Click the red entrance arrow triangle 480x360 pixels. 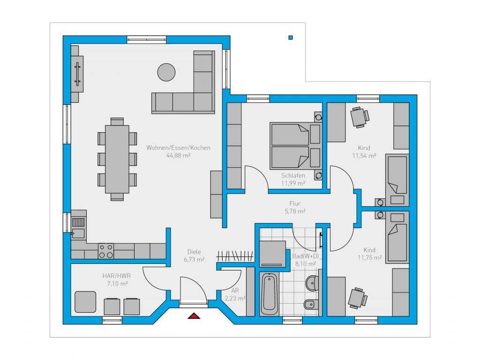tap(194, 315)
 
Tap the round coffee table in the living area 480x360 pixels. tap(166, 72)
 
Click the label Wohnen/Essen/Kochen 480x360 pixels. tap(178, 148)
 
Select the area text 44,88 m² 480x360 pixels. tap(179, 155)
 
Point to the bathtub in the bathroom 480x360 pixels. tap(270, 294)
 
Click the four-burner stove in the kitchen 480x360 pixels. tap(106, 251)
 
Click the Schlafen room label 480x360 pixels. tap(293, 175)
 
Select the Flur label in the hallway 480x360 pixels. tap(295, 203)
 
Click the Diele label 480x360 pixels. tap(194, 252)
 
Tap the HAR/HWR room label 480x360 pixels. tap(116, 276)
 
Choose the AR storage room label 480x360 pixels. tap(235, 290)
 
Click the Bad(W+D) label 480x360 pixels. tap(306, 256)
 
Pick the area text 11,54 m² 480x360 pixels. tap(364, 156)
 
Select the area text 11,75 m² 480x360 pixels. tap(369, 258)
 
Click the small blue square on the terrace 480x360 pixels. tap(291, 37)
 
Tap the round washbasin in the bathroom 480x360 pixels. tap(312, 283)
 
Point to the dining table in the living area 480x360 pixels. tap(117, 159)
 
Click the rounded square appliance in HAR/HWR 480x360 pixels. tap(85, 302)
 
